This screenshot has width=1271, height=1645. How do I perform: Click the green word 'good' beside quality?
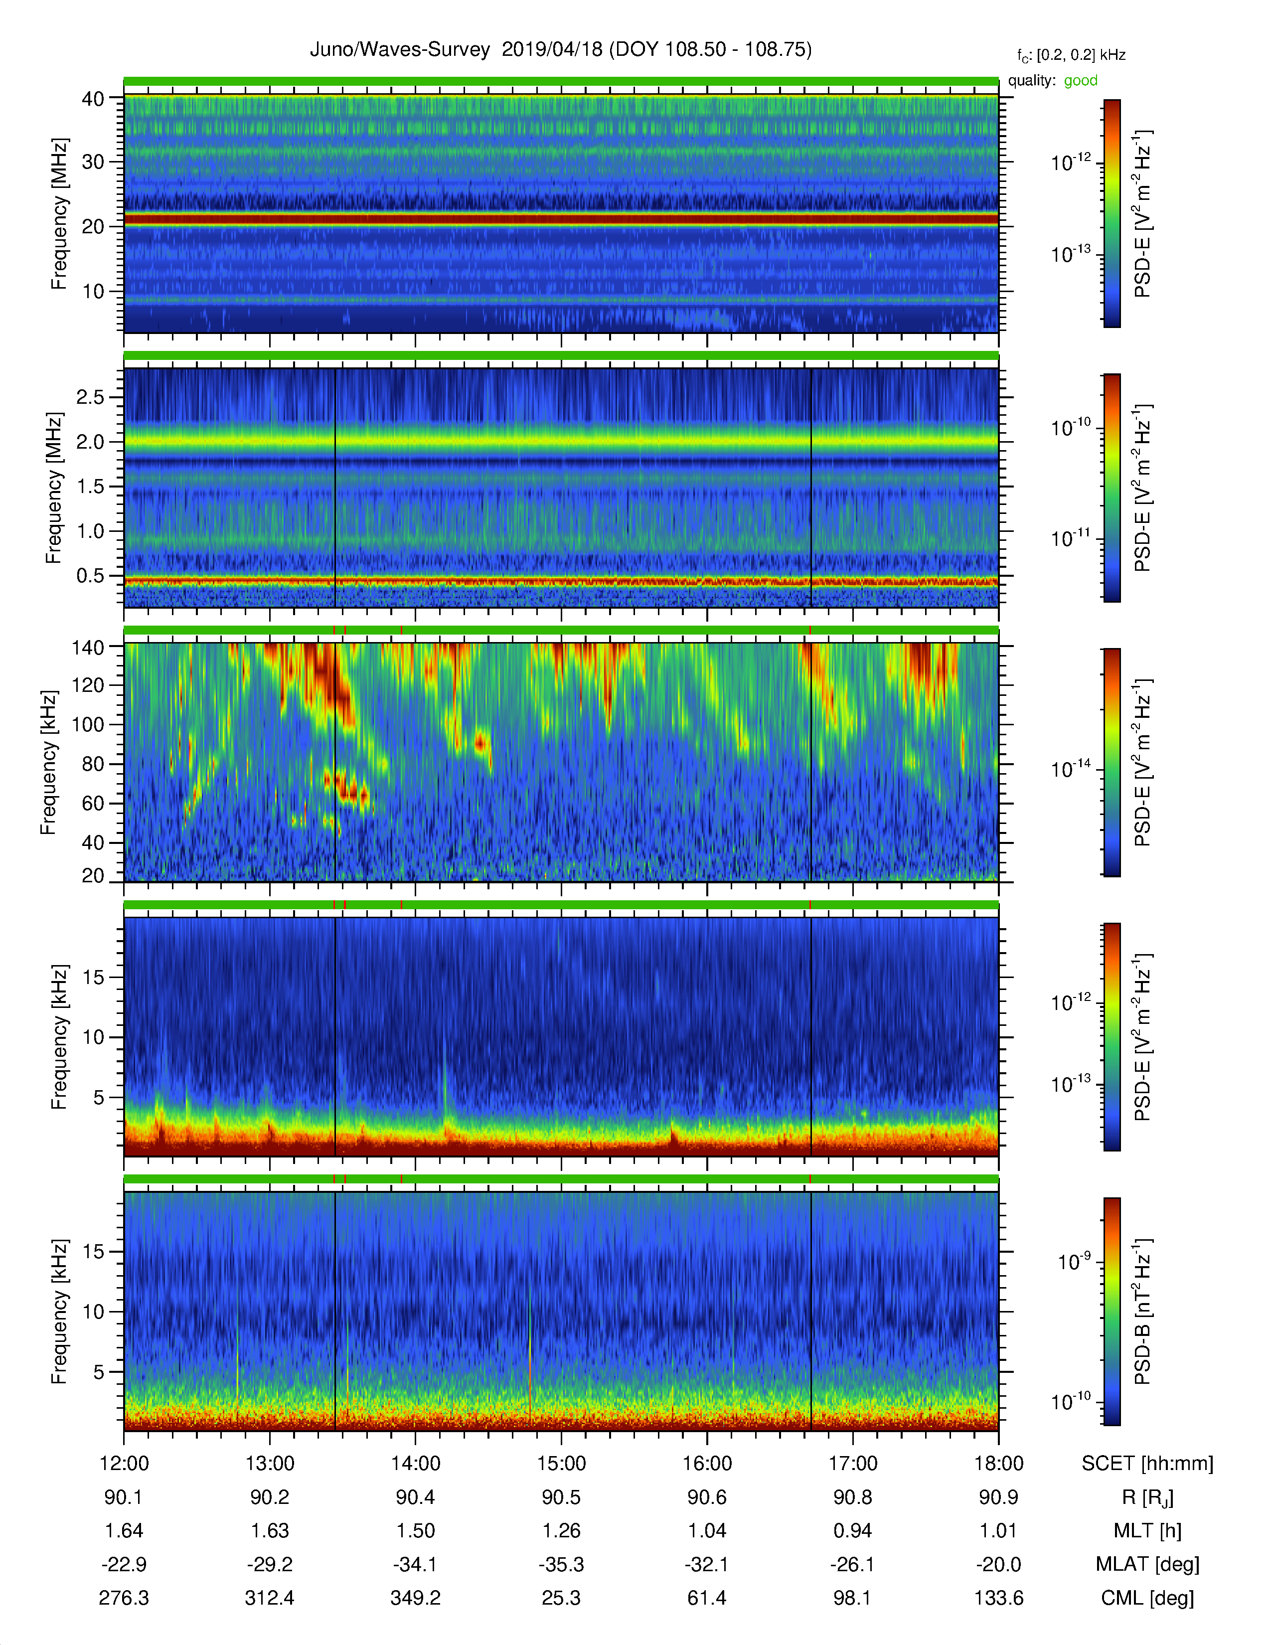pyautogui.click(x=1081, y=81)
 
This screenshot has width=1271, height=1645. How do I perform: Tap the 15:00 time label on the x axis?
pyautogui.click(x=561, y=1464)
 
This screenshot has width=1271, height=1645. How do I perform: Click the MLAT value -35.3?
pyautogui.click(x=561, y=1564)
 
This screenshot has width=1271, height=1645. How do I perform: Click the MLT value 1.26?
pyautogui.click(x=561, y=1530)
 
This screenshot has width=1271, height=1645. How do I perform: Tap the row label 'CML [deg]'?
pyautogui.click(x=1147, y=1598)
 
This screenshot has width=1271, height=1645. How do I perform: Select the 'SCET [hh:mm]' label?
pyautogui.click(x=1147, y=1464)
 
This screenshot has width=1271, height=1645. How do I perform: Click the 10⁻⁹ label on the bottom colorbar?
pyautogui.click(x=1073, y=1261)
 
